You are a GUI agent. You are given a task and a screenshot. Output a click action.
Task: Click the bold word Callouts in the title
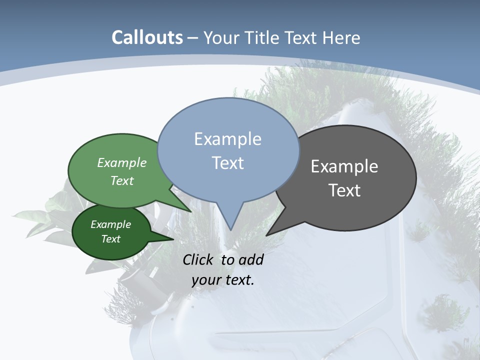[x=147, y=37]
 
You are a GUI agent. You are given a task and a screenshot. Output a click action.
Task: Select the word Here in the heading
[x=341, y=38]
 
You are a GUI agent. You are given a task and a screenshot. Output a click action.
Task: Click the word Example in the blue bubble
[x=227, y=139]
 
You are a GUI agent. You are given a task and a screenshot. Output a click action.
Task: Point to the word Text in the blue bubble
[x=227, y=163]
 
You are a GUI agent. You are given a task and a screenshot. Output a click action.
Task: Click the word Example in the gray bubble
[x=344, y=166]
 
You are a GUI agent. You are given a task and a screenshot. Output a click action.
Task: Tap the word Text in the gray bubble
[x=344, y=190]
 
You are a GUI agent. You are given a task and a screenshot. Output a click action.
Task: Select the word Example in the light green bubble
[x=122, y=163]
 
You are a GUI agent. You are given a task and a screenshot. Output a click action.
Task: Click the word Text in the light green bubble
[x=122, y=181]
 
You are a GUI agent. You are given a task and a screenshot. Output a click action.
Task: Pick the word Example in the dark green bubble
[x=110, y=224]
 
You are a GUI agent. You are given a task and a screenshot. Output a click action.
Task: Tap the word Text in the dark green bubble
[x=110, y=239]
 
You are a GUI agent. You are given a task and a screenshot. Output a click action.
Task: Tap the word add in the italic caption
[x=251, y=260]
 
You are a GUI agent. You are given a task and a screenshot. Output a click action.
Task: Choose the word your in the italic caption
[x=205, y=280]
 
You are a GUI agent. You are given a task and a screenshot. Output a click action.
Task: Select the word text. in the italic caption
[x=238, y=280]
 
